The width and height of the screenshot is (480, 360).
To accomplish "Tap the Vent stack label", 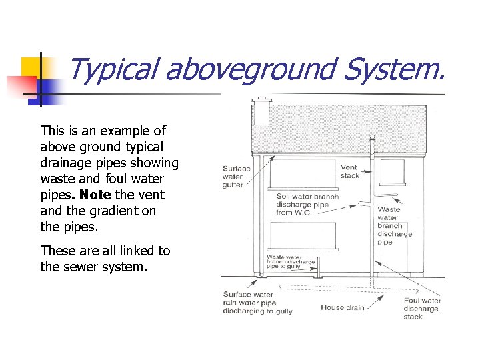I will click(x=350, y=171).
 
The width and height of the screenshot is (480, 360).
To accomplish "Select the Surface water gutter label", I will click(x=237, y=176).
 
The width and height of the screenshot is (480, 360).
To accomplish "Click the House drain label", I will click(x=342, y=307).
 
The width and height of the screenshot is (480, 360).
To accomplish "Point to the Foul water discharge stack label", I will click(x=421, y=308).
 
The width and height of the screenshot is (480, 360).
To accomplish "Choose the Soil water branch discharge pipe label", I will click(x=307, y=204).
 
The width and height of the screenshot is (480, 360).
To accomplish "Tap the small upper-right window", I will click(x=392, y=171).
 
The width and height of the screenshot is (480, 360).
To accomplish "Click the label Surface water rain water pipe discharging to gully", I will click(x=257, y=303).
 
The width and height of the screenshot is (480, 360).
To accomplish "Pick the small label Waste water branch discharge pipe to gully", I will click(x=291, y=261).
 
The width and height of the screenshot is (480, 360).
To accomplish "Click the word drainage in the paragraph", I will click(x=65, y=163).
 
